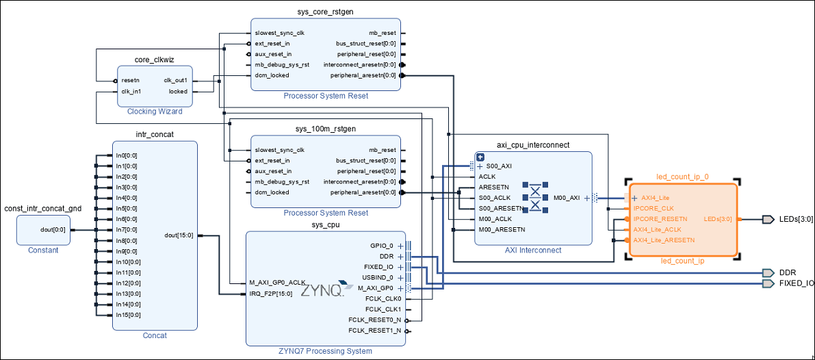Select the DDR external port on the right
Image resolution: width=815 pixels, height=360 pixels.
786,272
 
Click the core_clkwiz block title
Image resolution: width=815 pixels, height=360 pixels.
154,60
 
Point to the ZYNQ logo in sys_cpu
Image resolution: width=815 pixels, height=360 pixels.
322,290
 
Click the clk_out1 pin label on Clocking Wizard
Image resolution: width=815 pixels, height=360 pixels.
175,80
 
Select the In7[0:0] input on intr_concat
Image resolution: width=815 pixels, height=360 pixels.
127,229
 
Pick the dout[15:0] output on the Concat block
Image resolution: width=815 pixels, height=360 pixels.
179,235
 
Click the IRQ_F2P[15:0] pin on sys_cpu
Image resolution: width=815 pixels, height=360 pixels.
271,294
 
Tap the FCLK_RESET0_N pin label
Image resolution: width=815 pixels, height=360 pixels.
374,320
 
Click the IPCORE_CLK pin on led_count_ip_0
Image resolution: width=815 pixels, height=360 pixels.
654,208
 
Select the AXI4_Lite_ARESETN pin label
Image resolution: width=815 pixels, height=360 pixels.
664,240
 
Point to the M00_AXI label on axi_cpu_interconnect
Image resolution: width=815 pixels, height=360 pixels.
567,198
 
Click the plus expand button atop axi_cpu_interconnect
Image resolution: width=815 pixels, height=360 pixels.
480,157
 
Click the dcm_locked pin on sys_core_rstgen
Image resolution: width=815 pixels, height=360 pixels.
272,75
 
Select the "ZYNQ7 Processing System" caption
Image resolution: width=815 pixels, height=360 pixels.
325,351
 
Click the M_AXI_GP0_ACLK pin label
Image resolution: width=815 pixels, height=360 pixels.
278,283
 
